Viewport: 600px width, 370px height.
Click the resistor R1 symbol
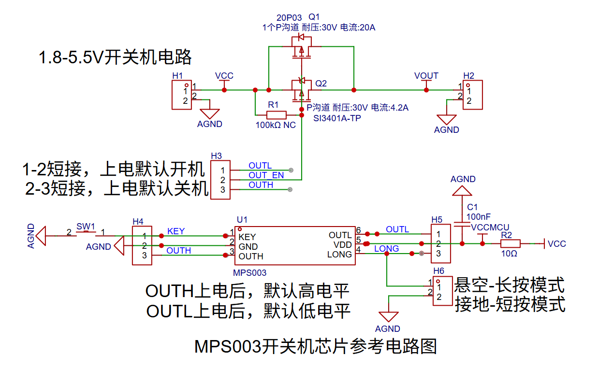click(x=276, y=115)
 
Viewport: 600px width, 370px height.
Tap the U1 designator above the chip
click(x=242, y=219)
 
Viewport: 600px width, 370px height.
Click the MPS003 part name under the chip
click(x=250, y=273)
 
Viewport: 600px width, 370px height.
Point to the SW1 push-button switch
click(x=86, y=232)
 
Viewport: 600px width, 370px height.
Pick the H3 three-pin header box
click(x=220, y=180)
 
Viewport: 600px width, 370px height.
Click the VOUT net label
click(x=426, y=76)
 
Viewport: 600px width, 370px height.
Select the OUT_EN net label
click(x=266, y=175)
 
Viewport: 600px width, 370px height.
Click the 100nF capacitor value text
click(x=479, y=216)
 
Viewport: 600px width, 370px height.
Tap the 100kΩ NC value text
click(x=276, y=125)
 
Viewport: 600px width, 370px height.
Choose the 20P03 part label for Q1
click(x=289, y=18)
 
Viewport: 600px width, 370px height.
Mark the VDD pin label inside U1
click(x=343, y=245)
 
